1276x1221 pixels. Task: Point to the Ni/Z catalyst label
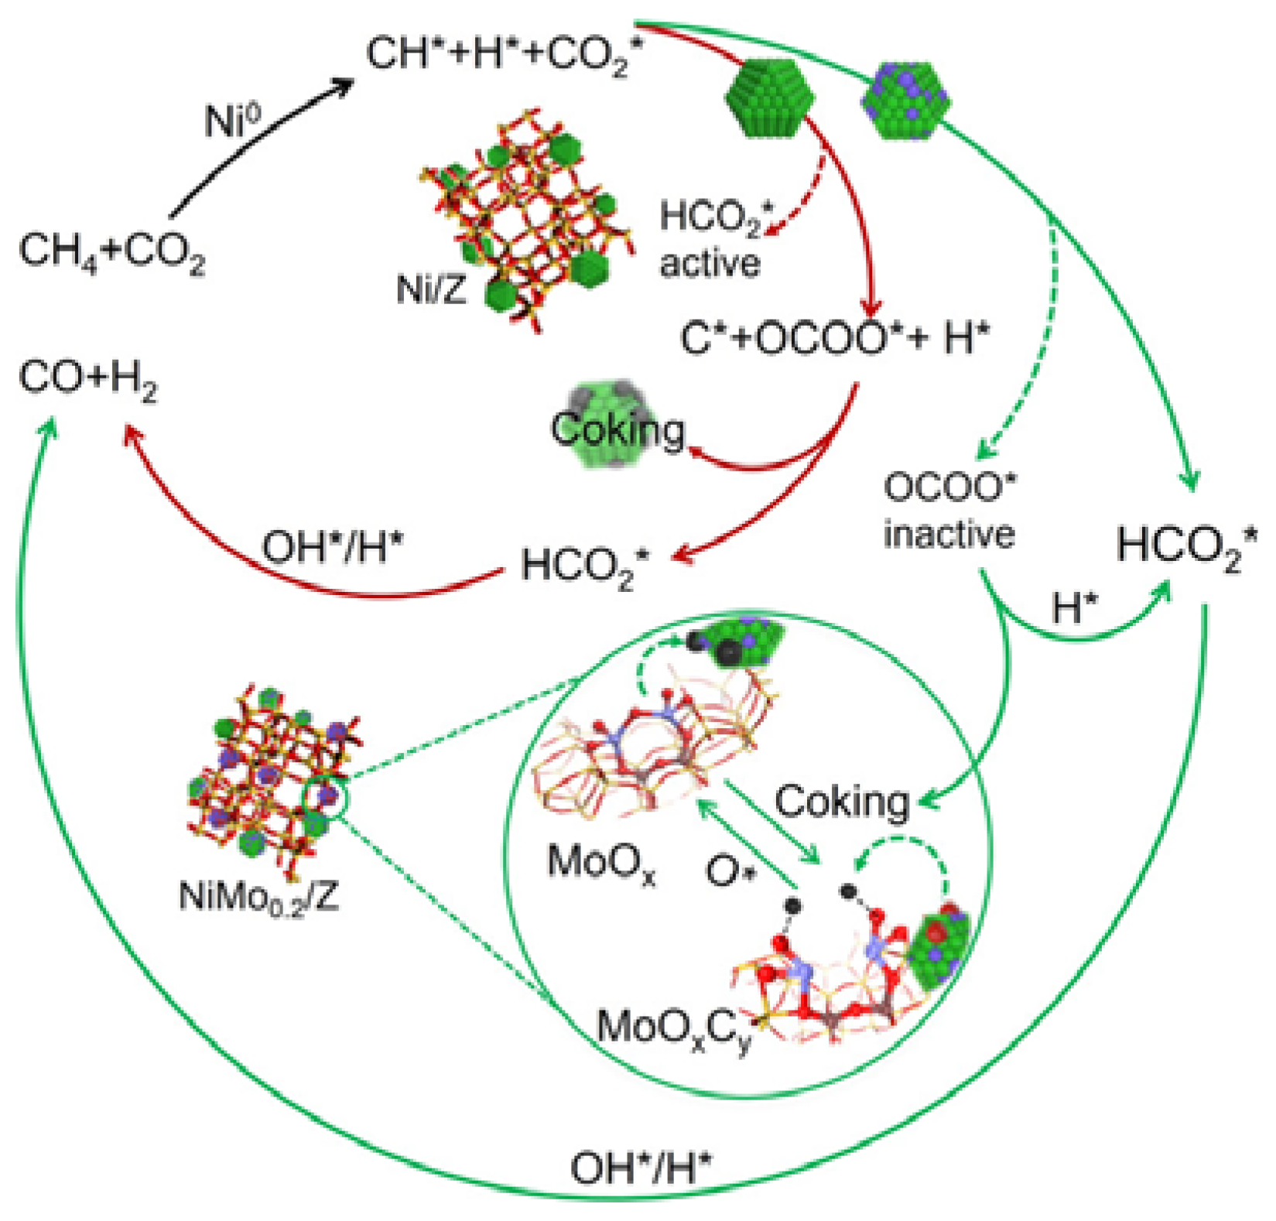pos(432,289)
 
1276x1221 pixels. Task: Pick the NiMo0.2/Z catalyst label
pos(259,897)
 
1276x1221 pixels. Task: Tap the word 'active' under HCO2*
pos(710,263)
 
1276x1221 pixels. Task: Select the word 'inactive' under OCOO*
pos(949,535)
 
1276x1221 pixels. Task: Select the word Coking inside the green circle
pos(842,802)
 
